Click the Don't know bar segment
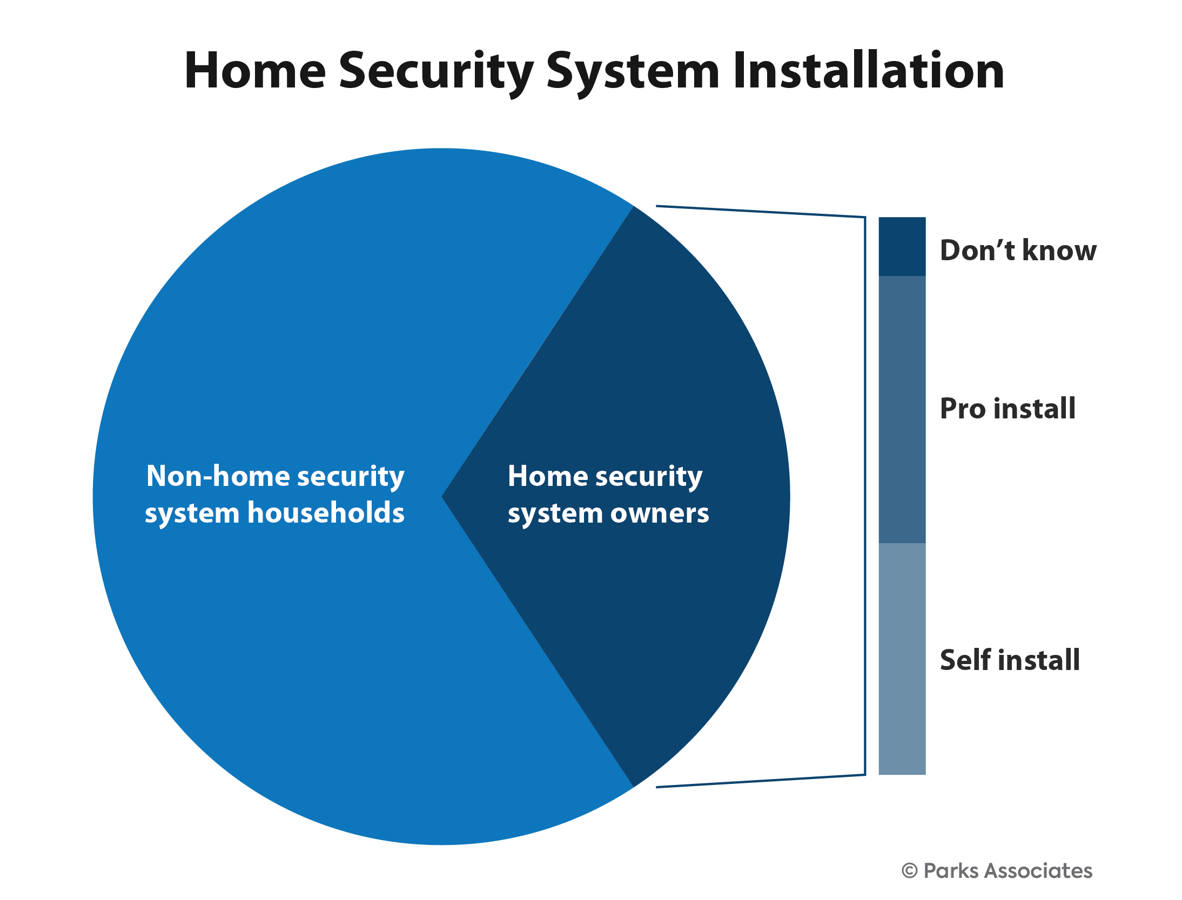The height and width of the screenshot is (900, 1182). [x=902, y=247]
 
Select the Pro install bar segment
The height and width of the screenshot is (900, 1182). [x=902, y=410]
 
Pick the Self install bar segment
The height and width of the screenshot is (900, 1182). [x=902, y=659]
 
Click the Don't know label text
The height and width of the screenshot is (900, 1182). [x=1018, y=251]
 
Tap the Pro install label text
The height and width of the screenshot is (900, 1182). [x=1008, y=409]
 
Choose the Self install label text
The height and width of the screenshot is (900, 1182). [x=1010, y=660]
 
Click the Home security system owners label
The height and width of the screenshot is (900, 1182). [x=608, y=495]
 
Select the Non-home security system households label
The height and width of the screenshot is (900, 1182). [x=275, y=495]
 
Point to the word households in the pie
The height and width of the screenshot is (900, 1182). [x=326, y=512]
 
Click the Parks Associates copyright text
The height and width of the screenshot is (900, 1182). [x=997, y=871]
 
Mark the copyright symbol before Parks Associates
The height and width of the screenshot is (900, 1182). [x=909, y=871]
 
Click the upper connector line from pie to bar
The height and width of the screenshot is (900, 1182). [x=761, y=212]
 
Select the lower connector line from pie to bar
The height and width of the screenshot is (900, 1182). [x=761, y=781]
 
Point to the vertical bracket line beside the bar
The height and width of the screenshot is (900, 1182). [x=865, y=496]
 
